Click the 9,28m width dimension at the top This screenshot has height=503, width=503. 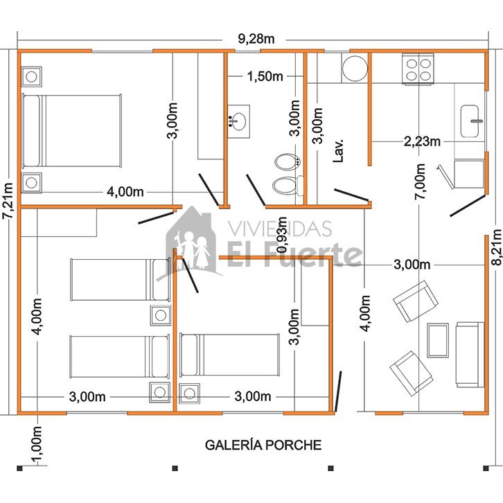(x=256, y=39)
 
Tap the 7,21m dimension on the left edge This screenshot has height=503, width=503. (x=8, y=201)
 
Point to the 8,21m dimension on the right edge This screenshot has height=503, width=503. (x=496, y=247)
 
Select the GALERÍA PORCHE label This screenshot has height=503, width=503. (x=263, y=445)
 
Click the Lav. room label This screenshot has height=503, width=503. (x=338, y=150)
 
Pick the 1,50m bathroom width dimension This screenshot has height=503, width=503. (x=265, y=76)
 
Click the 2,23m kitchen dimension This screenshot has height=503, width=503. (x=422, y=141)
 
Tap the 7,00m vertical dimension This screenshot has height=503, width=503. (x=420, y=182)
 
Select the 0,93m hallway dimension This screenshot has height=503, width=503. (x=282, y=235)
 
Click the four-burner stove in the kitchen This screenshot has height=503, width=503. (x=418, y=69)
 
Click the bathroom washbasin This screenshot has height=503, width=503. (x=238, y=121)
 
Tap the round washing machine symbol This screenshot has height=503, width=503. (x=355, y=69)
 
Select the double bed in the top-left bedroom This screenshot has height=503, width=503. (x=71, y=131)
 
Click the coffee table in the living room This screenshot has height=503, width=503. (x=438, y=340)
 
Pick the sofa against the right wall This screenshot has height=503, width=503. (x=470, y=355)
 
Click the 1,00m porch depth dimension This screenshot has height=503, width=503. (x=37, y=445)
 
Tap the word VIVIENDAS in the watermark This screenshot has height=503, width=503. (x=279, y=229)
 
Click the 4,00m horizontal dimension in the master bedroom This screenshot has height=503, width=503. (x=125, y=192)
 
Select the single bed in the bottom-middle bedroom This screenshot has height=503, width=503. (x=229, y=355)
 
